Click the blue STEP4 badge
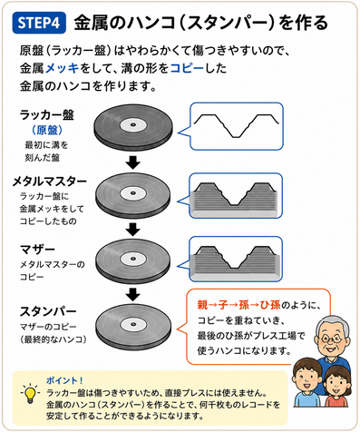(39, 23)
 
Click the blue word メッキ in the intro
(63, 68)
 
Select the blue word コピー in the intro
(187, 68)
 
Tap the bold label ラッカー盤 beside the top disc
(47, 115)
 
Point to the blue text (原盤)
(47, 130)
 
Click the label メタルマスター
(50, 182)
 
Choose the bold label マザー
(37, 250)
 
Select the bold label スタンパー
(48, 311)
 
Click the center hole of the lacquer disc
(132, 124)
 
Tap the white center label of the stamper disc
(133, 324)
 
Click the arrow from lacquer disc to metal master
(133, 162)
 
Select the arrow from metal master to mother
(133, 230)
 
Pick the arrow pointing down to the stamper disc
(133, 294)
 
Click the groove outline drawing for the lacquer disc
(237, 126)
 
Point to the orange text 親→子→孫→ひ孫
(238, 305)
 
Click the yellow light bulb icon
(30, 394)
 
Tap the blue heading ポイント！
(64, 380)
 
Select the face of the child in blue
(306, 379)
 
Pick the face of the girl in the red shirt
(336, 385)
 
